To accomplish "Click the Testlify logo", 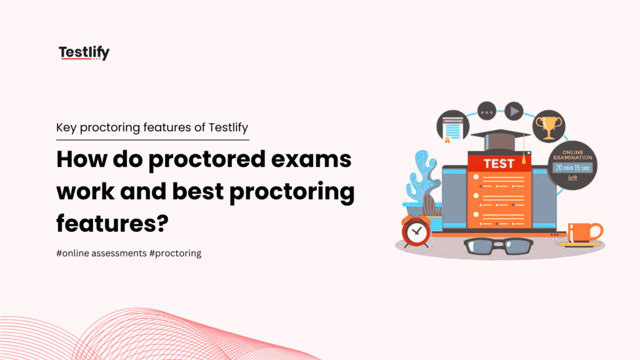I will click(x=84, y=53).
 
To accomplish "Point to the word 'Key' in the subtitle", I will click(x=65, y=127).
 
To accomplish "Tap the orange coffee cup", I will click(x=582, y=232).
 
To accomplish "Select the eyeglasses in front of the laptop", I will click(x=498, y=246).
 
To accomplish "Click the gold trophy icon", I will click(x=549, y=126).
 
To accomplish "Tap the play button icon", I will click(x=514, y=112).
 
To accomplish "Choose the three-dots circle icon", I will click(x=486, y=112).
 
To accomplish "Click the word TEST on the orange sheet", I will click(x=499, y=164).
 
